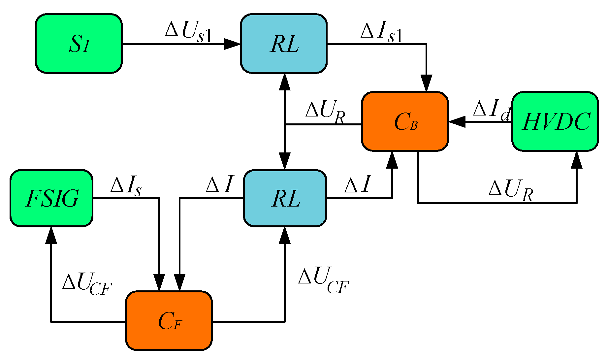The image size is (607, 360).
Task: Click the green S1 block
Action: tap(79, 44)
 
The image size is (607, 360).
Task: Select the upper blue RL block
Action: tap(284, 44)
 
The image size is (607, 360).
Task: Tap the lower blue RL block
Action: tap(285, 198)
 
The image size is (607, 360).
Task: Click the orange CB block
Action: tap(405, 121)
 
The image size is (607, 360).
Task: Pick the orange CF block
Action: tap(169, 321)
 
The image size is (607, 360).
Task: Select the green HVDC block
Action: tap(555, 121)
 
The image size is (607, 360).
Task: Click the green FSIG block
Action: tap(51, 198)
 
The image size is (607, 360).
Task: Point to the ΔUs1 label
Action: tap(188, 32)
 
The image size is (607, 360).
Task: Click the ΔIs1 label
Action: tap(382, 32)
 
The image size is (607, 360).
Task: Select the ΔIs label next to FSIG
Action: tap(126, 186)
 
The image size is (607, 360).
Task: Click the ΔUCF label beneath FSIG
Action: tap(87, 283)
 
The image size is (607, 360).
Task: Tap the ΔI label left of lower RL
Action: tap(220, 184)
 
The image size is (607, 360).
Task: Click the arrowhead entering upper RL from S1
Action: tap(232, 44)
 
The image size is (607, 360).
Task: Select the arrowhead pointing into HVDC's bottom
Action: tap(577, 160)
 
